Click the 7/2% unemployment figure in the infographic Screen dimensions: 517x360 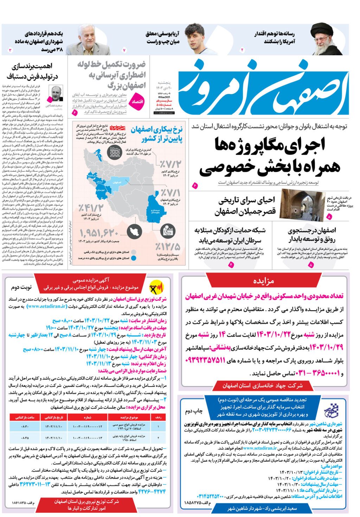[x=170, y=164]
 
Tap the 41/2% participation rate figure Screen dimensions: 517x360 [x=91, y=208]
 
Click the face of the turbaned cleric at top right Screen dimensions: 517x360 [x=321, y=38]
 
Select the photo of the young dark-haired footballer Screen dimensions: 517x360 [x=195, y=39]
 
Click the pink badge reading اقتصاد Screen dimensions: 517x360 [x=137, y=101]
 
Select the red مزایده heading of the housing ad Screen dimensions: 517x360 [x=264, y=281]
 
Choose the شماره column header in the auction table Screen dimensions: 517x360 [x=88, y=417]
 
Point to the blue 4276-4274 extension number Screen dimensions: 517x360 [x=152, y=491]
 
